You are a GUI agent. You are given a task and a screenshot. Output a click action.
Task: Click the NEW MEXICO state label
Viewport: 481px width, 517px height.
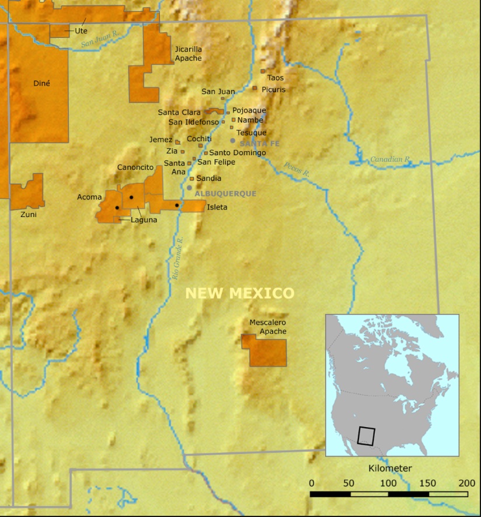coord(239,293)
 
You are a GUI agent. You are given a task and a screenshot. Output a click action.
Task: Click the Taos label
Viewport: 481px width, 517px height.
coord(275,78)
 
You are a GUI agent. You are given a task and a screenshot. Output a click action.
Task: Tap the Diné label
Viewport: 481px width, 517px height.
coord(41,83)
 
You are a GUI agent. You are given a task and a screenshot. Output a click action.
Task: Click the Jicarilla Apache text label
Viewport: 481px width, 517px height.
coord(188,54)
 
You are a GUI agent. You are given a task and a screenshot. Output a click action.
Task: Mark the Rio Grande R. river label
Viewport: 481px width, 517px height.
coord(177,257)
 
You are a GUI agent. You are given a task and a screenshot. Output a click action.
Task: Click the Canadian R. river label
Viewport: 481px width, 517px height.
coord(391,159)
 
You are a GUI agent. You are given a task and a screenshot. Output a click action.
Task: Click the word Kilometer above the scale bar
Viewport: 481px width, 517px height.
coord(391,469)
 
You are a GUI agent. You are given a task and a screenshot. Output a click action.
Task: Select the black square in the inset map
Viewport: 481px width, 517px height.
coord(366,436)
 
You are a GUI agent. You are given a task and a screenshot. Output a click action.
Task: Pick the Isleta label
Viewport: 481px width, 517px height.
coord(217,207)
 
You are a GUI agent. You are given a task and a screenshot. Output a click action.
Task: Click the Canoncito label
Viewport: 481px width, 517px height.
coord(135,167)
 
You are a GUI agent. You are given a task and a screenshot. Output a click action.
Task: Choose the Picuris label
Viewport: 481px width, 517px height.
coord(274,89)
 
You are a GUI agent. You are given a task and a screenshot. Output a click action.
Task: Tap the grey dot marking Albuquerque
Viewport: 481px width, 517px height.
coord(189,188)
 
